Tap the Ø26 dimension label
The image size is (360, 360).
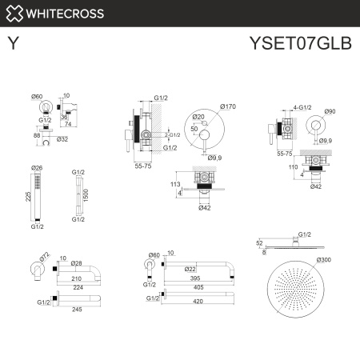pyautogui.click(x=37, y=168)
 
